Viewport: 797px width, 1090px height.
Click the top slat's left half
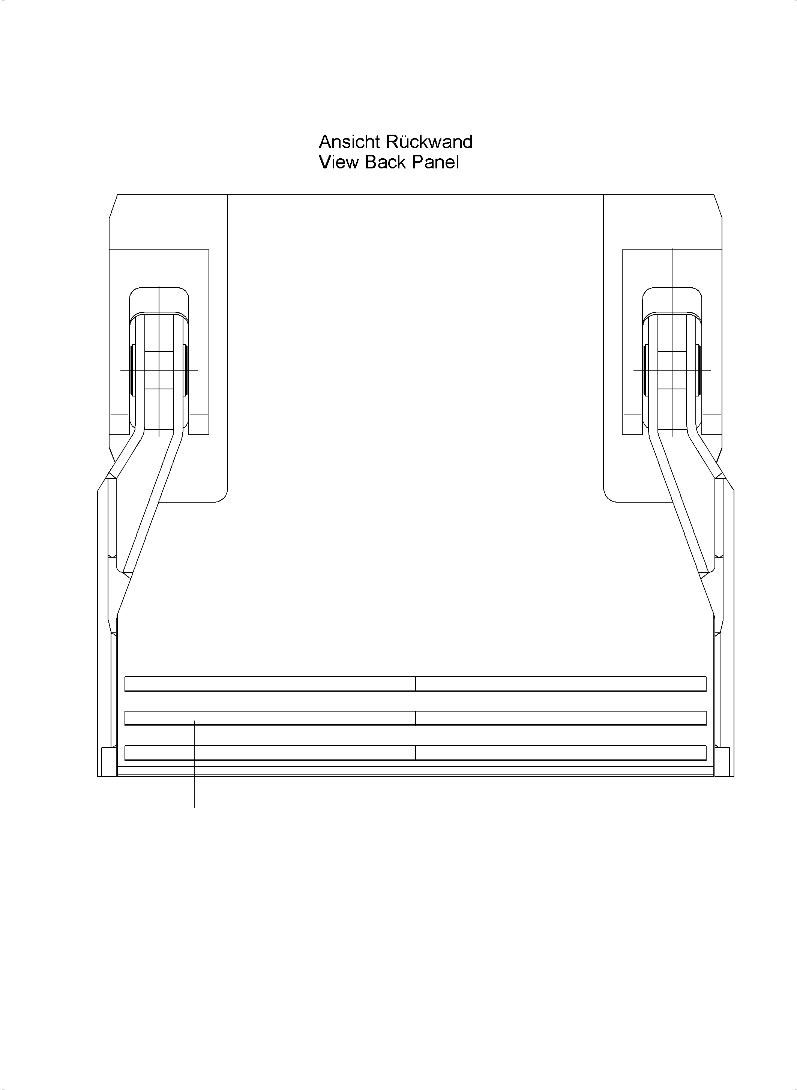click(270, 684)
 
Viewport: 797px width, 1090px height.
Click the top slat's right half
click(561, 684)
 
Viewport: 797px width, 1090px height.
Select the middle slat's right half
click(561, 718)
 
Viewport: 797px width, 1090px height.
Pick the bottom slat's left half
click(270, 753)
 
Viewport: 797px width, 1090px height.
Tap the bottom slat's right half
click(561, 753)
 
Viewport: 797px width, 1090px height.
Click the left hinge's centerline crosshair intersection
click(159, 370)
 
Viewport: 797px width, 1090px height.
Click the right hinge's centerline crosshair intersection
click(672, 370)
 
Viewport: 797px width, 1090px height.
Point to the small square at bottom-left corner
click(108, 762)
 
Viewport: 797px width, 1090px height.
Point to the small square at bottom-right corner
click(722, 762)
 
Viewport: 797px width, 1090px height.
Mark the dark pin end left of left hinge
click(133, 370)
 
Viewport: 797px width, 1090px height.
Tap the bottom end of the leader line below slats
click(194, 807)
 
